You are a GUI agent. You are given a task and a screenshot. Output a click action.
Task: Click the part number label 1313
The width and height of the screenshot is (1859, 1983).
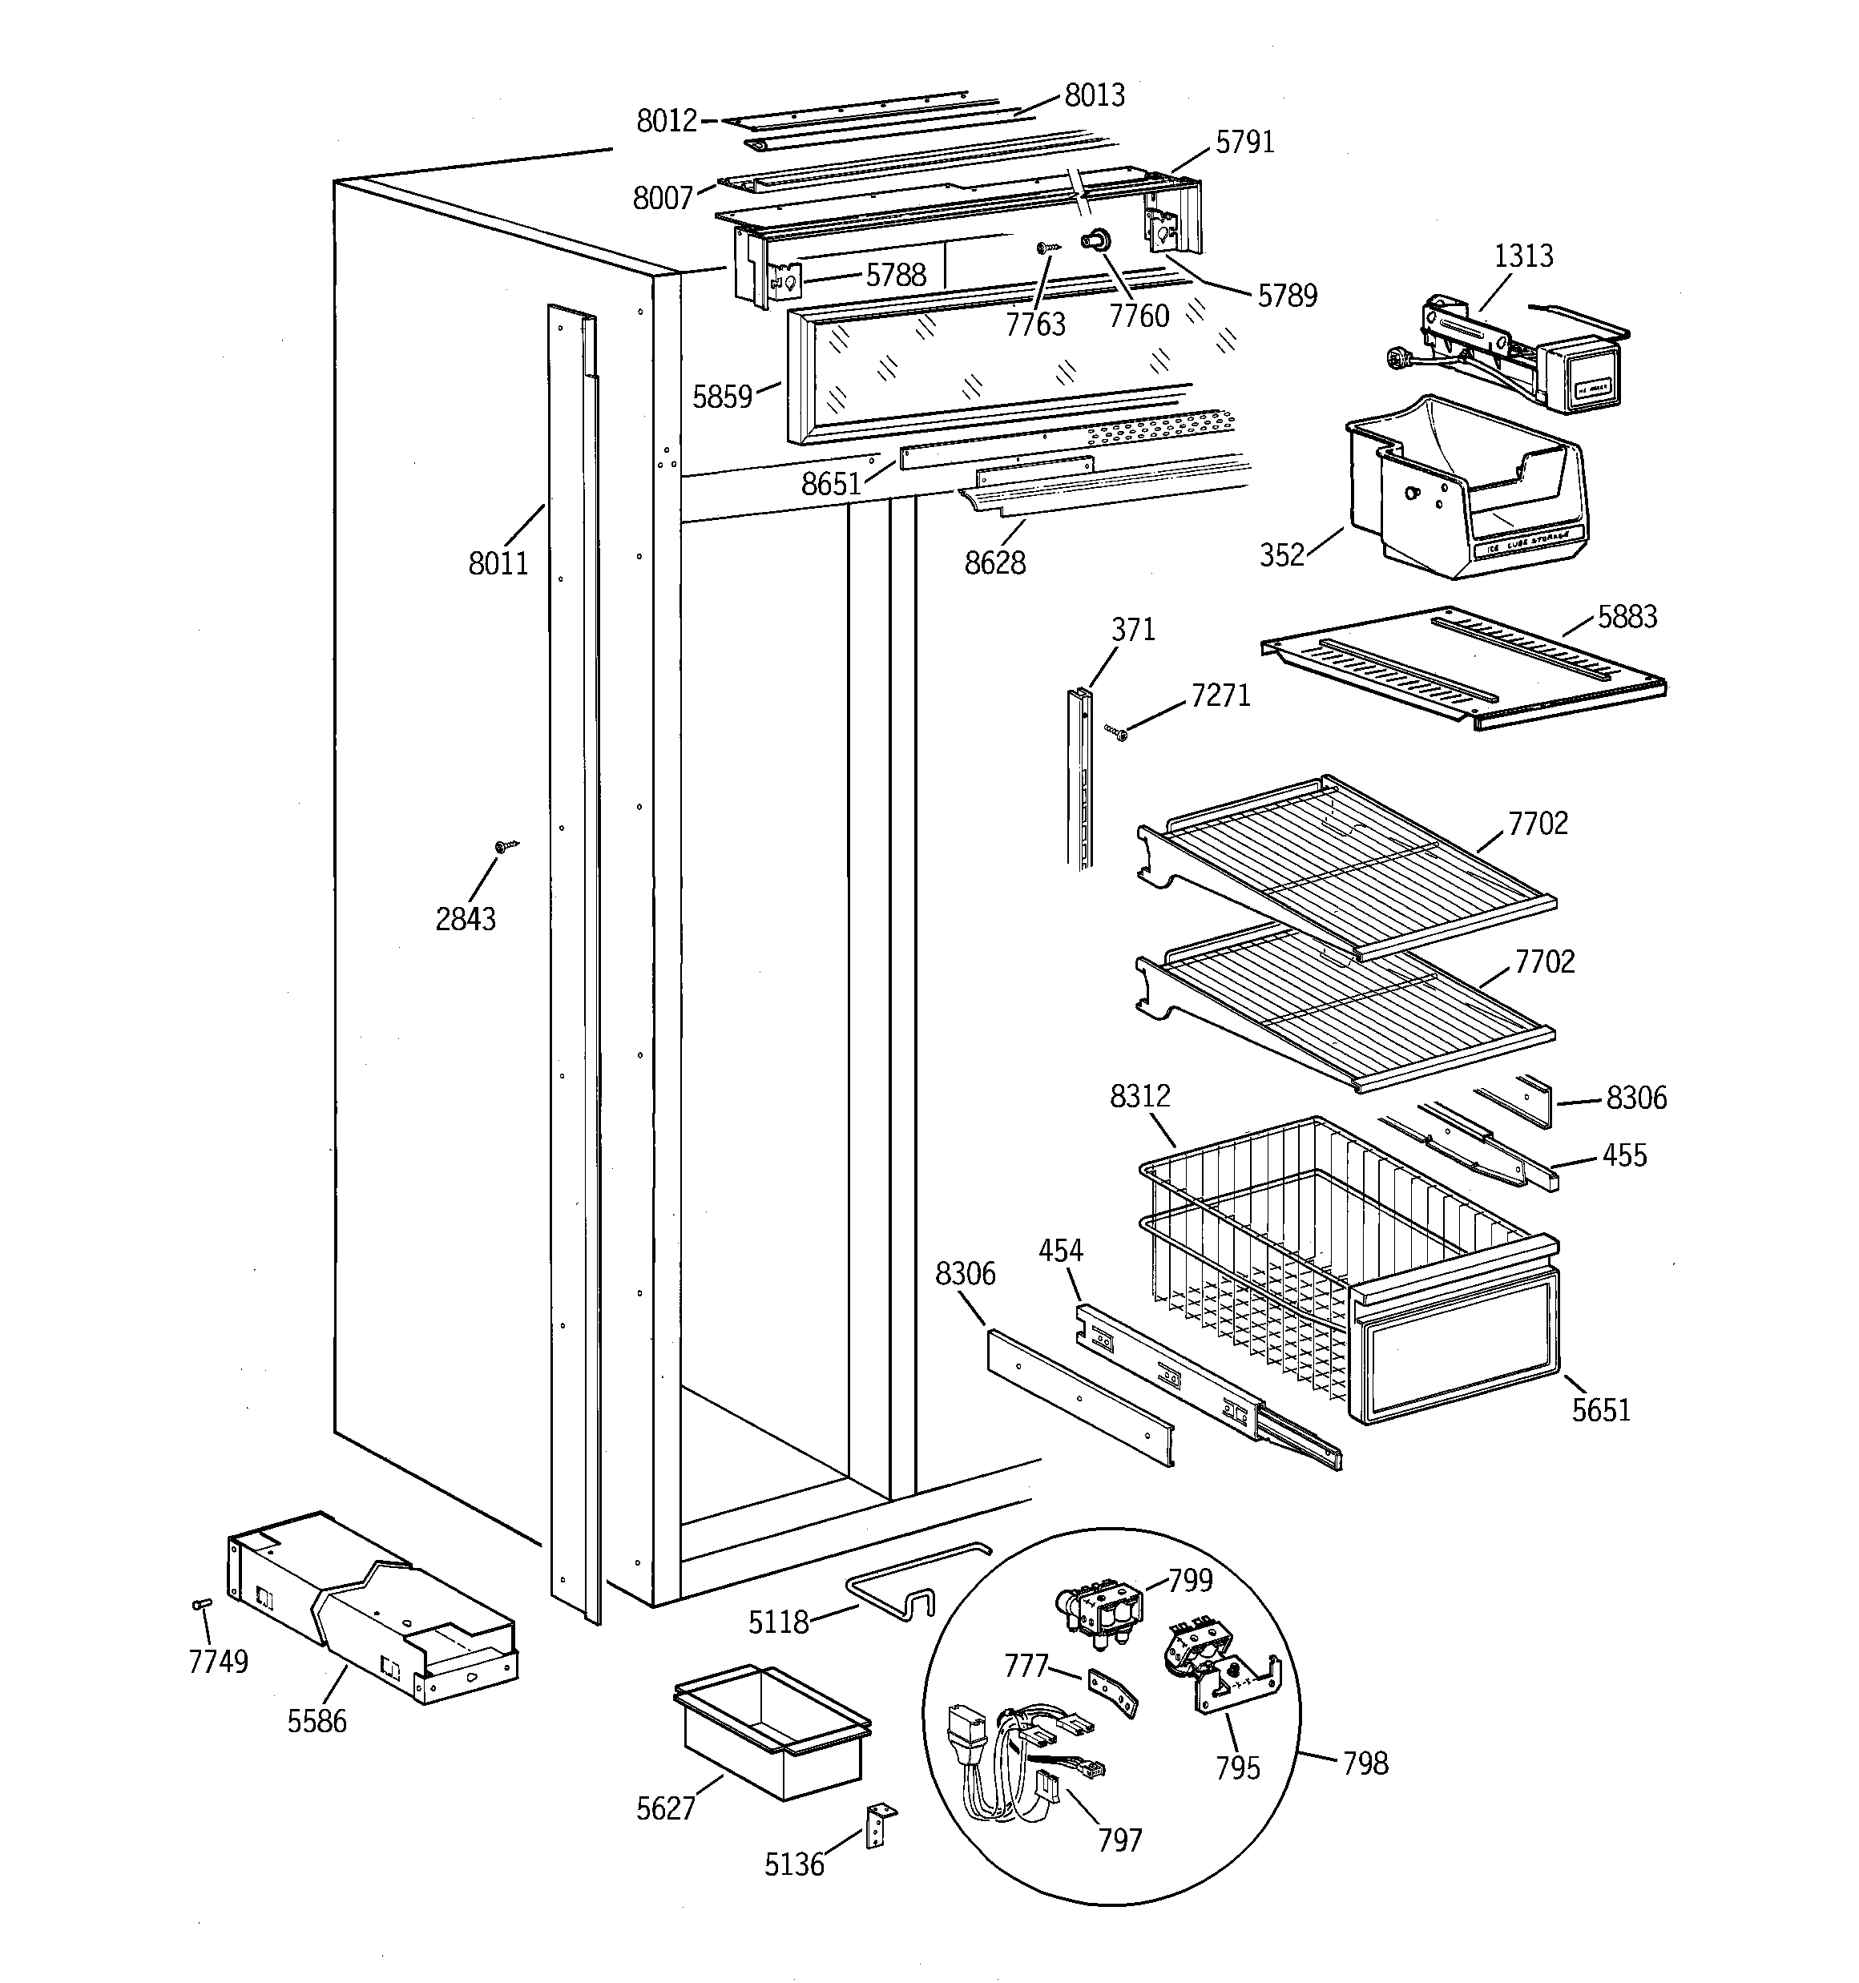pyautogui.click(x=1522, y=256)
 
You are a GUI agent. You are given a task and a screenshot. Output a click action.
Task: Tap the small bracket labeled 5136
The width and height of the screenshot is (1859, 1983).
pyautogui.click(x=878, y=1824)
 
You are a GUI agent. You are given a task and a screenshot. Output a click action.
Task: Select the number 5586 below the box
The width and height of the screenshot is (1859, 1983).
pyautogui.click(x=317, y=1721)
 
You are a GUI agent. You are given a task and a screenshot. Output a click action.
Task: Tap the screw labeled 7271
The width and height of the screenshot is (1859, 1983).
pyautogui.click(x=1116, y=734)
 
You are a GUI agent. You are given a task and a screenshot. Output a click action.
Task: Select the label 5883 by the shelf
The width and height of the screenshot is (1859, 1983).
pyautogui.click(x=1627, y=618)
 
